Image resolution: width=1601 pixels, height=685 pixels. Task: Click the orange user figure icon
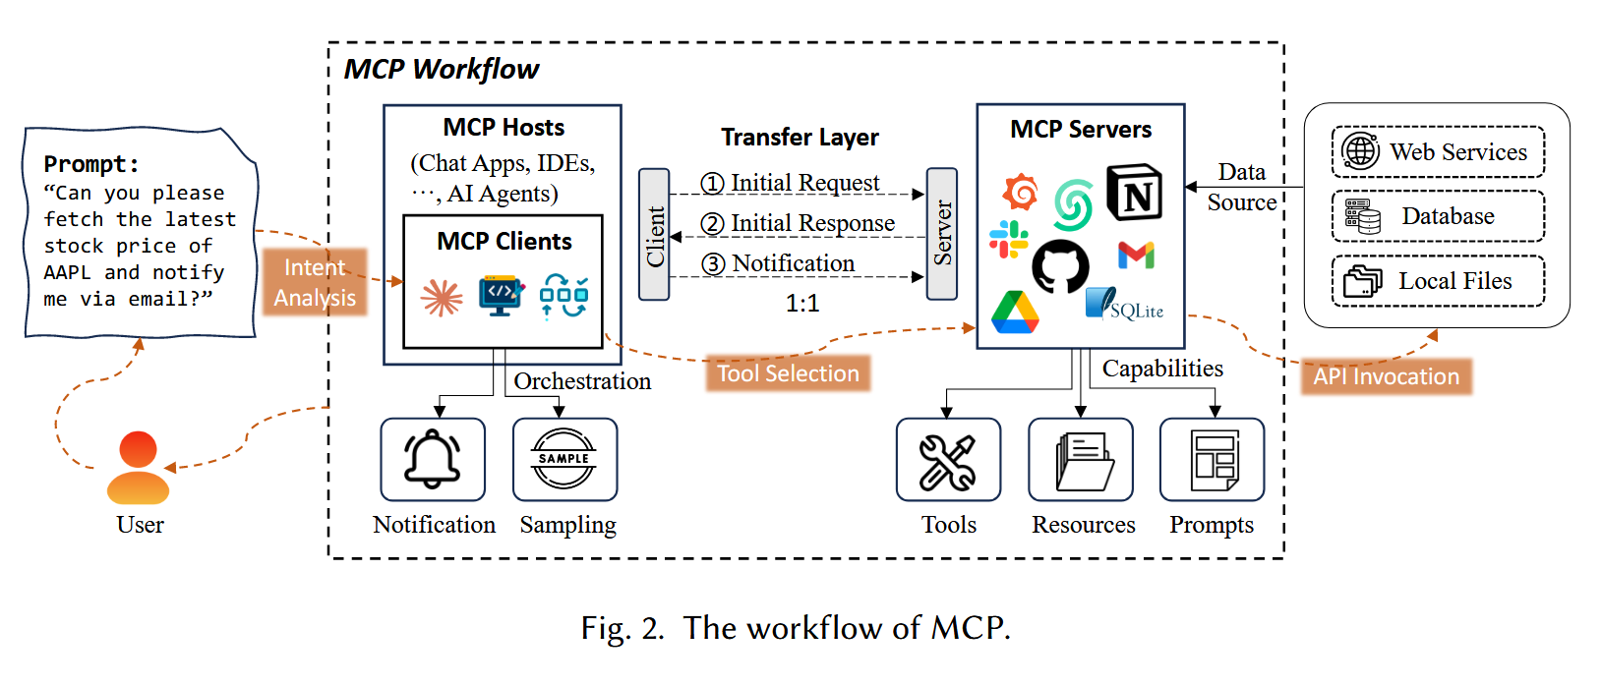[x=138, y=468]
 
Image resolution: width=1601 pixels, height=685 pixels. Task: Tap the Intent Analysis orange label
[x=315, y=282]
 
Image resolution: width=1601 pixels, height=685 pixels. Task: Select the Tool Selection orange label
[x=788, y=373]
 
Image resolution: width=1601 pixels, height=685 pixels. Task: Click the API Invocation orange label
[x=1386, y=376]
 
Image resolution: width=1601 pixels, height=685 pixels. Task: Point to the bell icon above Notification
[x=433, y=459]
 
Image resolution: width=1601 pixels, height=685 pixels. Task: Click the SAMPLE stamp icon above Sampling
[x=563, y=459]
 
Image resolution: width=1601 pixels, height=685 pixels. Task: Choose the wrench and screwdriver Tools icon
[x=948, y=460]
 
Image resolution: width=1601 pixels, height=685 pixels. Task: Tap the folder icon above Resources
[x=1081, y=460]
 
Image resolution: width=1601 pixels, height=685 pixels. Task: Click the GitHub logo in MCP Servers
[x=1060, y=265]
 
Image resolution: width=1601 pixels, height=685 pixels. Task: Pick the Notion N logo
[x=1134, y=193]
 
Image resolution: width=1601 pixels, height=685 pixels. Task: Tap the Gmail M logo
[x=1136, y=256]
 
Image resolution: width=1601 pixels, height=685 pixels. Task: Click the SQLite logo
[x=1125, y=305]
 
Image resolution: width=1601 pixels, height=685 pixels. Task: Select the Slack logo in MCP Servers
[x=1008, y=238]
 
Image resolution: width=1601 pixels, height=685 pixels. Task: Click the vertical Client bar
[x=654, y=234]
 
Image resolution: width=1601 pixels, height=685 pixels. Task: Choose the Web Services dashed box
[x=1438, y=151]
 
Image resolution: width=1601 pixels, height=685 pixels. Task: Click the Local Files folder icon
[x=1363, y=281]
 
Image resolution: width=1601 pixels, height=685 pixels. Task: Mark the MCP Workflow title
[x=441, y=70]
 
